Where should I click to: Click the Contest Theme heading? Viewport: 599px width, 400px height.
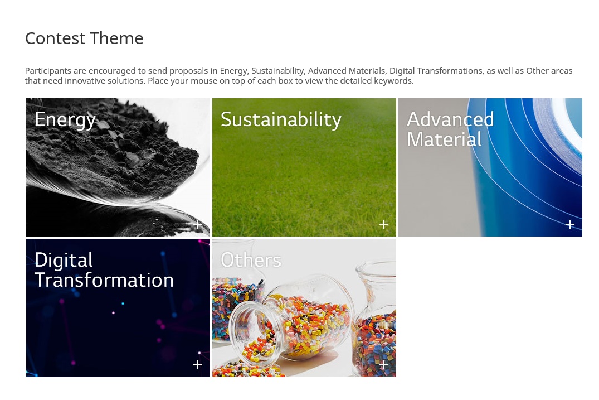pyautogui.click(x=84, y=38)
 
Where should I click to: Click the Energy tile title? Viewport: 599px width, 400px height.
pyautogui.click(x=65, y=120)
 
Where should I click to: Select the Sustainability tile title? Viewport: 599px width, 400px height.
pyautogui.click(x=281, y=120)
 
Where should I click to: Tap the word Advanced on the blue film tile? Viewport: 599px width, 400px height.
pyautogui.click(x=450, y=119)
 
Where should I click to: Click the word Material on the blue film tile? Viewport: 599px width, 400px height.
pyautogui.click(x=444, y=139)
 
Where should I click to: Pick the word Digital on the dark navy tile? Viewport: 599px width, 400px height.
pyautogui.click(x=64, y=261)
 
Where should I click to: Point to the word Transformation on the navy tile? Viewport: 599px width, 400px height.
pyautogui.click(x=104, y=280)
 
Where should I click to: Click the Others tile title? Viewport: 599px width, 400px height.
pyautogui.click(x=251, y=260)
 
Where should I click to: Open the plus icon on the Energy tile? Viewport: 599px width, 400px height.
pyautogui.click(x=198, y=224)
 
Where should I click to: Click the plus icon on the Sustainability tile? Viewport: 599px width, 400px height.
pyautogui.click(x=384, y=224)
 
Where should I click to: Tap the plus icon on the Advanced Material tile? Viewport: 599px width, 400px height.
pyautogui.click(x=570, y=224)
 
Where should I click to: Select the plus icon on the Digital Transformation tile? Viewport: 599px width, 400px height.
pyautogui.click(x=198, y=365)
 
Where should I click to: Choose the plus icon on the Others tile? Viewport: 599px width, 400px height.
pyautogui.click(x=384, y=365)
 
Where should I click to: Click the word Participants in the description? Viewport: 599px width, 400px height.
pyautogui.click(x=48, y=71)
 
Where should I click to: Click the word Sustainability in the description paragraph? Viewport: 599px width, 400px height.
pyautogui.click(x=278, y=71)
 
